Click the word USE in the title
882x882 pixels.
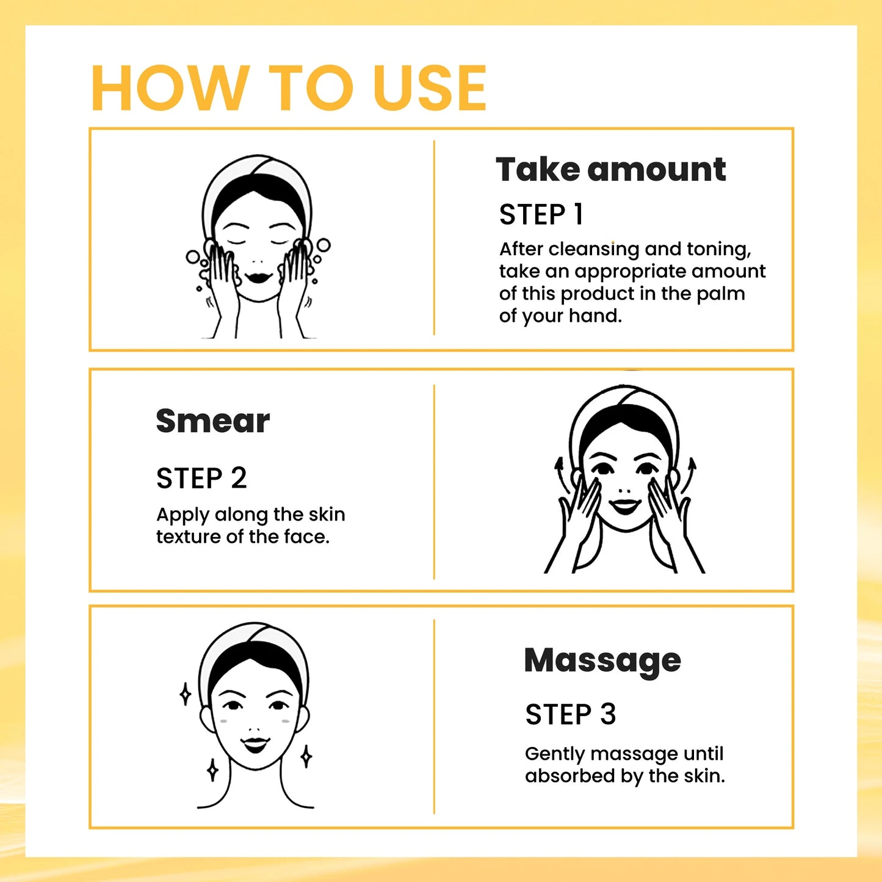click(430, 89)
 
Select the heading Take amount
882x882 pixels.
click(610, 169)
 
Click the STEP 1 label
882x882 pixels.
click(541, 215)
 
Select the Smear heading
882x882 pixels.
click(212, 421)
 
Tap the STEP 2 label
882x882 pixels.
click(201, 478)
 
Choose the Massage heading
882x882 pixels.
click(602, 660)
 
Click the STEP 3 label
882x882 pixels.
click(570, 714)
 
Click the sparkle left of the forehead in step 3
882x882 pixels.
click(186, 694)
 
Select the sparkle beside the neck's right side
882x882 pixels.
click(306, 756)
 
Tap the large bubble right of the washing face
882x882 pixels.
click(323, 245)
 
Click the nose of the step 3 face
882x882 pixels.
click(256, 728)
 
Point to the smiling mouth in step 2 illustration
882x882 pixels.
click(625, 506)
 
